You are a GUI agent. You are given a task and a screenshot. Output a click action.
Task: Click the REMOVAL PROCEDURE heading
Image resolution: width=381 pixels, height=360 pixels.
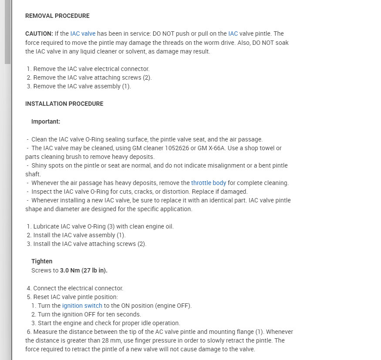57,16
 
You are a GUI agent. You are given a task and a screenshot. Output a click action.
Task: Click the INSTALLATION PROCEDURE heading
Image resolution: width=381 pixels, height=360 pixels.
64,104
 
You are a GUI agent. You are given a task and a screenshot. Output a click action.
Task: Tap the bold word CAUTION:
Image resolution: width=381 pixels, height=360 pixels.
39,34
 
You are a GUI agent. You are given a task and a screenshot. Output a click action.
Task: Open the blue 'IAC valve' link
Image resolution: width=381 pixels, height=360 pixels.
82,34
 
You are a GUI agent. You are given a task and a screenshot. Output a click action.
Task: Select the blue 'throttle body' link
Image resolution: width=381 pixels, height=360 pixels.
209,183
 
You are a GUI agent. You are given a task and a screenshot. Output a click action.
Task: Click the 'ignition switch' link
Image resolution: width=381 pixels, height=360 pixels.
82,306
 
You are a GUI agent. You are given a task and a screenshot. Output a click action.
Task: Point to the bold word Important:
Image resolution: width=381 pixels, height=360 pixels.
46,121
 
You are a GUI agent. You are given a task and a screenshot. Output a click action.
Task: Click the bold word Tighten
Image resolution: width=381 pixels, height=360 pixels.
42,261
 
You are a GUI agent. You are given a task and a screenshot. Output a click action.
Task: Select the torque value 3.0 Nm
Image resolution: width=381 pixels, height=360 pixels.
70,270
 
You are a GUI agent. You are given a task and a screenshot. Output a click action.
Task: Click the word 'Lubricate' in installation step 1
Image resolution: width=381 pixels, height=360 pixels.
47,226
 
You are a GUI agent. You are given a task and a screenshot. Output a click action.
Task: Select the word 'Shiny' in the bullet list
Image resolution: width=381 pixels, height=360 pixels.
40,165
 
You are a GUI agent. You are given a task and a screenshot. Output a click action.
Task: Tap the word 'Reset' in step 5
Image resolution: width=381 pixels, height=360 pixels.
42,297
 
